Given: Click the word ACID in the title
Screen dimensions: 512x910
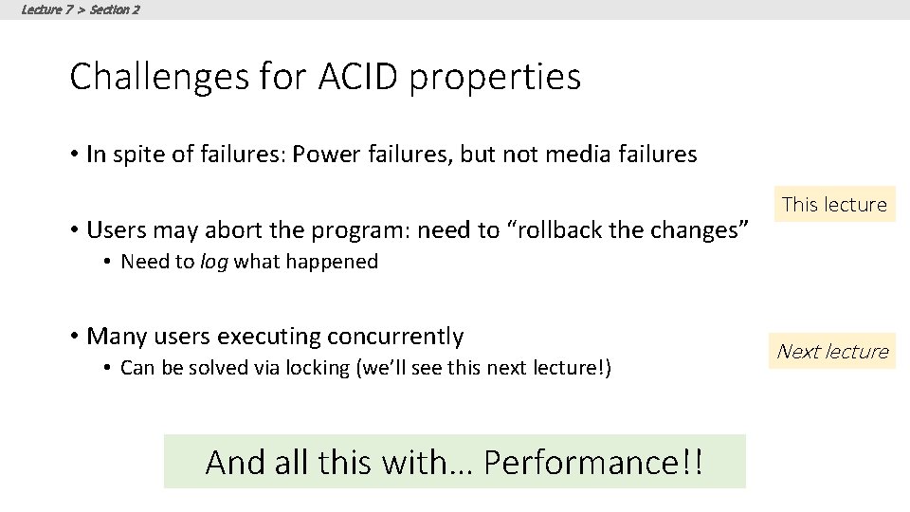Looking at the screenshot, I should [357, 77].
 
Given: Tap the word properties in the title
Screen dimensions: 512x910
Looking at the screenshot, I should [496, 77].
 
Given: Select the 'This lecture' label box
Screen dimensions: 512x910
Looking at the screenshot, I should [834, 204].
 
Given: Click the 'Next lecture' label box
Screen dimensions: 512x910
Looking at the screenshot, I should [832, 351].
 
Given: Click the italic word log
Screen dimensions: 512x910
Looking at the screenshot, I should [214, 262].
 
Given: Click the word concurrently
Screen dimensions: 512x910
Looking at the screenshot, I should [395, 337].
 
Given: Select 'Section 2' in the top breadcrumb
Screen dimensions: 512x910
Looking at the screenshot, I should [115, 9].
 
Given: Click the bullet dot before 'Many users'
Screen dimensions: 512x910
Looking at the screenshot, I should [74, 337].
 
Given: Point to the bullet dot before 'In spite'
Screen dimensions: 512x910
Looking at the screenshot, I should [74, 155].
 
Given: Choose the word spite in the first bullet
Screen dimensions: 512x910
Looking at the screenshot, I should [137, 155].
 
